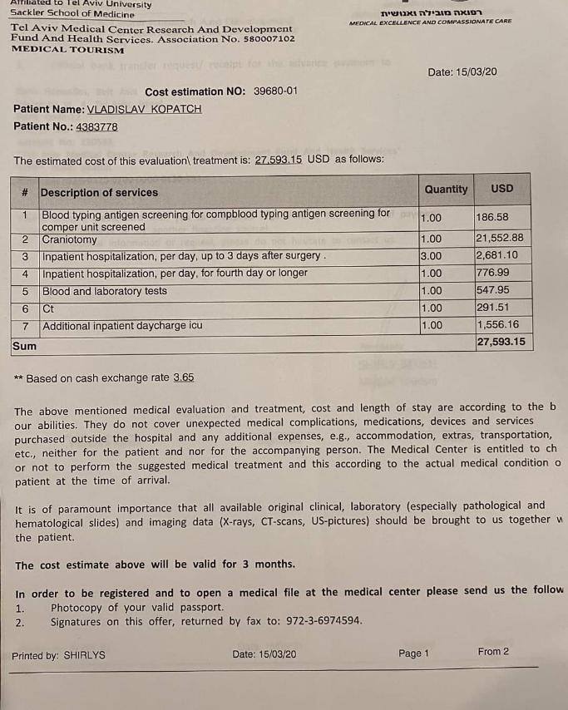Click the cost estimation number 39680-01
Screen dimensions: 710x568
(x=273, y=91)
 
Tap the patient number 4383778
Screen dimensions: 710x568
(x=96, y=127)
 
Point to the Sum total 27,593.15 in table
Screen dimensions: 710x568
(x=501, y=342)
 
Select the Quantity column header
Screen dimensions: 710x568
(x=446, y=190)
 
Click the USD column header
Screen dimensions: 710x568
(x=502, y=189)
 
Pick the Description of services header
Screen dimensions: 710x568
(x=99, y=193)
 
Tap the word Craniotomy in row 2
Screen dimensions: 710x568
(x=70, y=240)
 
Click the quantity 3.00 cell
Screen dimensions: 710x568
(x=432, y=256)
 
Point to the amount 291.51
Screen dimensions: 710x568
(x=492, y=308)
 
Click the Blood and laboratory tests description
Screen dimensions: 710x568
(x=105, y=292)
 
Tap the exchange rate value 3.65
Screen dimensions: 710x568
(x=183, y=377)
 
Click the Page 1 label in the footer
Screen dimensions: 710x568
(x=413, y=653)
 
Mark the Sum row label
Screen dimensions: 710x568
(x=25, y=345)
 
